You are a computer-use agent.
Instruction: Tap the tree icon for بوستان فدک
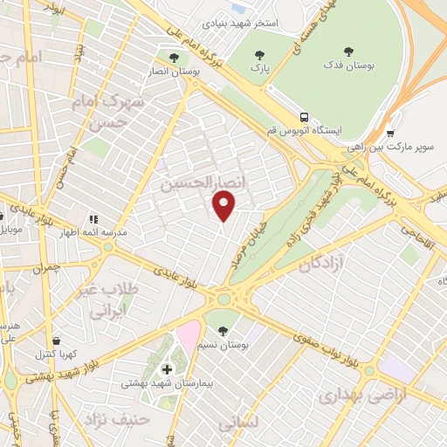[350, 52]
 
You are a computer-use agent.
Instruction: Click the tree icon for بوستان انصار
[174, 58]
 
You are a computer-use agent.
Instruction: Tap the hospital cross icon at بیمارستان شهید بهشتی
[168, 369]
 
